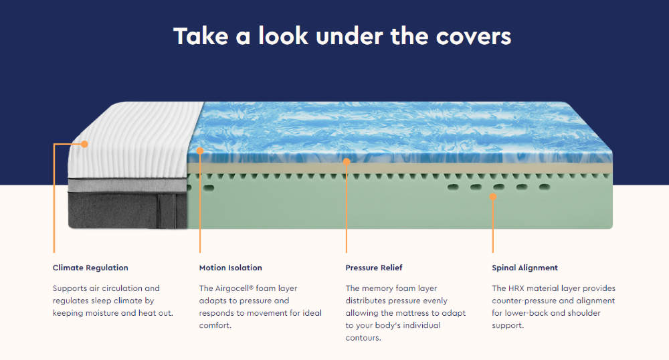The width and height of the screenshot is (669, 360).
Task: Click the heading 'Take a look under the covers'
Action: coord(342,36)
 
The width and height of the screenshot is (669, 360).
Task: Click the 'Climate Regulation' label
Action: coord(90,268)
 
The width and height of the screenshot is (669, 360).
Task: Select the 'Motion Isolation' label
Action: coord(230,268)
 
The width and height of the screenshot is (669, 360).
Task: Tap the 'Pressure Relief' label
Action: coord(374,268)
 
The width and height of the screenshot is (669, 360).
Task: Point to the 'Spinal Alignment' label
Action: coord(524,268)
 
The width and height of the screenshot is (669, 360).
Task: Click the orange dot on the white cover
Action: coord(84,144)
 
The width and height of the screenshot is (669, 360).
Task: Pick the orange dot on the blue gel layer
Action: coord(199,151)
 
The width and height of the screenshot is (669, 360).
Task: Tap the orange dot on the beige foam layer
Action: coord(347,162)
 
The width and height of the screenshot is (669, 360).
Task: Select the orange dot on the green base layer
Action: coord(493,197)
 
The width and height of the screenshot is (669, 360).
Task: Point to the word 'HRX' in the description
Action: coord(516,288)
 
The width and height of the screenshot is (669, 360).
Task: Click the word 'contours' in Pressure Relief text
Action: coord(362,338)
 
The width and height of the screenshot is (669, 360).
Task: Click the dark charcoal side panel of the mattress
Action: coord(128,210)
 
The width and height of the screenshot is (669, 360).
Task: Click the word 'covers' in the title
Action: coord(474,37)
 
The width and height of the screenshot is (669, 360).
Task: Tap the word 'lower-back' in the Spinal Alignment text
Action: coord(526,313)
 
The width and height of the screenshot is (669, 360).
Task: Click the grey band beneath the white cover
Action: coord(127,185)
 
